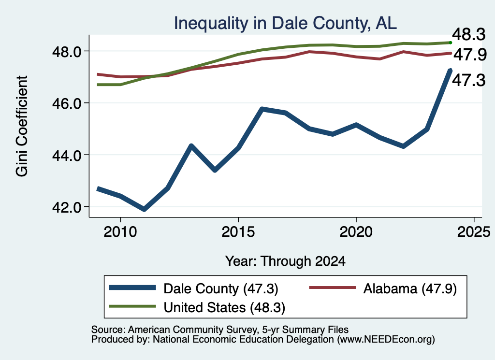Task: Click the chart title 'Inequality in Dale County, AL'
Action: click(x=285, y=23)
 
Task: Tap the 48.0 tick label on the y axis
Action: click(x=67, y=51)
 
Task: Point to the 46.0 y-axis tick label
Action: click(x=67, y=103)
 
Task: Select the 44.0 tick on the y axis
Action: click(x=67, y=155)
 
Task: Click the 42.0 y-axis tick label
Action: click(x=67, y=207)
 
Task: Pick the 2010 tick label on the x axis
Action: click(x=120, y=232)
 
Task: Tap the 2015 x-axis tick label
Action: click(x=238, y=232)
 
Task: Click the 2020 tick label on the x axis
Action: click(x=356, y=232)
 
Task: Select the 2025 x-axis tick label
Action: click(x=474, y=232)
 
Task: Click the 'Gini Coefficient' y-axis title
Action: click(x=22, y=126)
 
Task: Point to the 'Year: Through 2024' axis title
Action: click(x=285, y=261)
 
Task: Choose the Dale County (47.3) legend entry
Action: click(x=193, y=288)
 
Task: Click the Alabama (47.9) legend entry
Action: click(x=383, y=288)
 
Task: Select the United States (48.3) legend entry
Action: click(x=197, y=307)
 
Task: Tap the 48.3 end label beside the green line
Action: click(x=469, y=34)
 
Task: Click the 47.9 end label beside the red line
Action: click(x=470, y=55)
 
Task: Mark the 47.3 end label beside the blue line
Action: click(x=469, y=80)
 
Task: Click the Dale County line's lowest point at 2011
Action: click(x=144, y=209)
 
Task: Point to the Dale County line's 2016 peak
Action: click(x=262, y=109)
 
